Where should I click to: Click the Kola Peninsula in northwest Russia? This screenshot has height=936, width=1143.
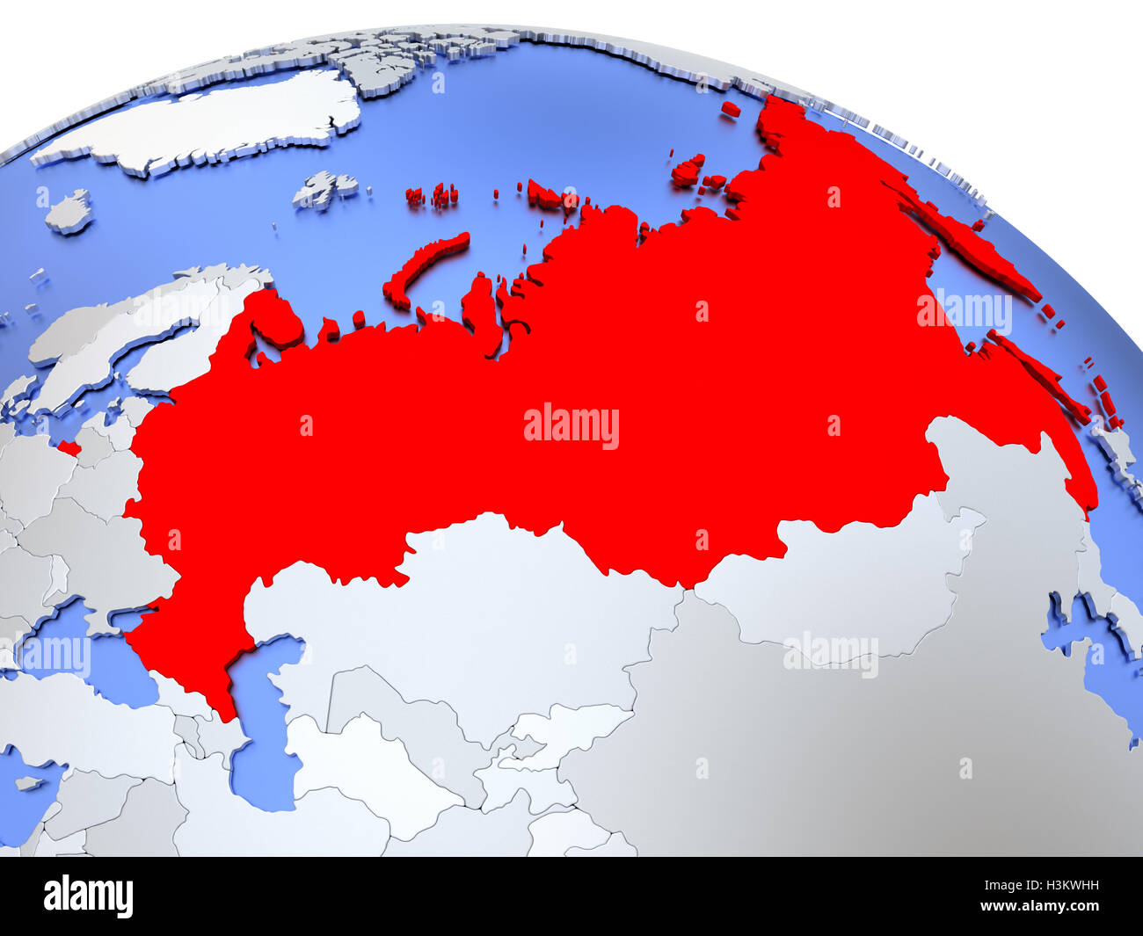tap(277, 321)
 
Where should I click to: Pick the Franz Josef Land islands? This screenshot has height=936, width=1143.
tap(431, 195)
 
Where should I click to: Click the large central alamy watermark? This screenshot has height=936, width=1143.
tap(571, 426)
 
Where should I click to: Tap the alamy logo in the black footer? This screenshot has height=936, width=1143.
tap(88, 896)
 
